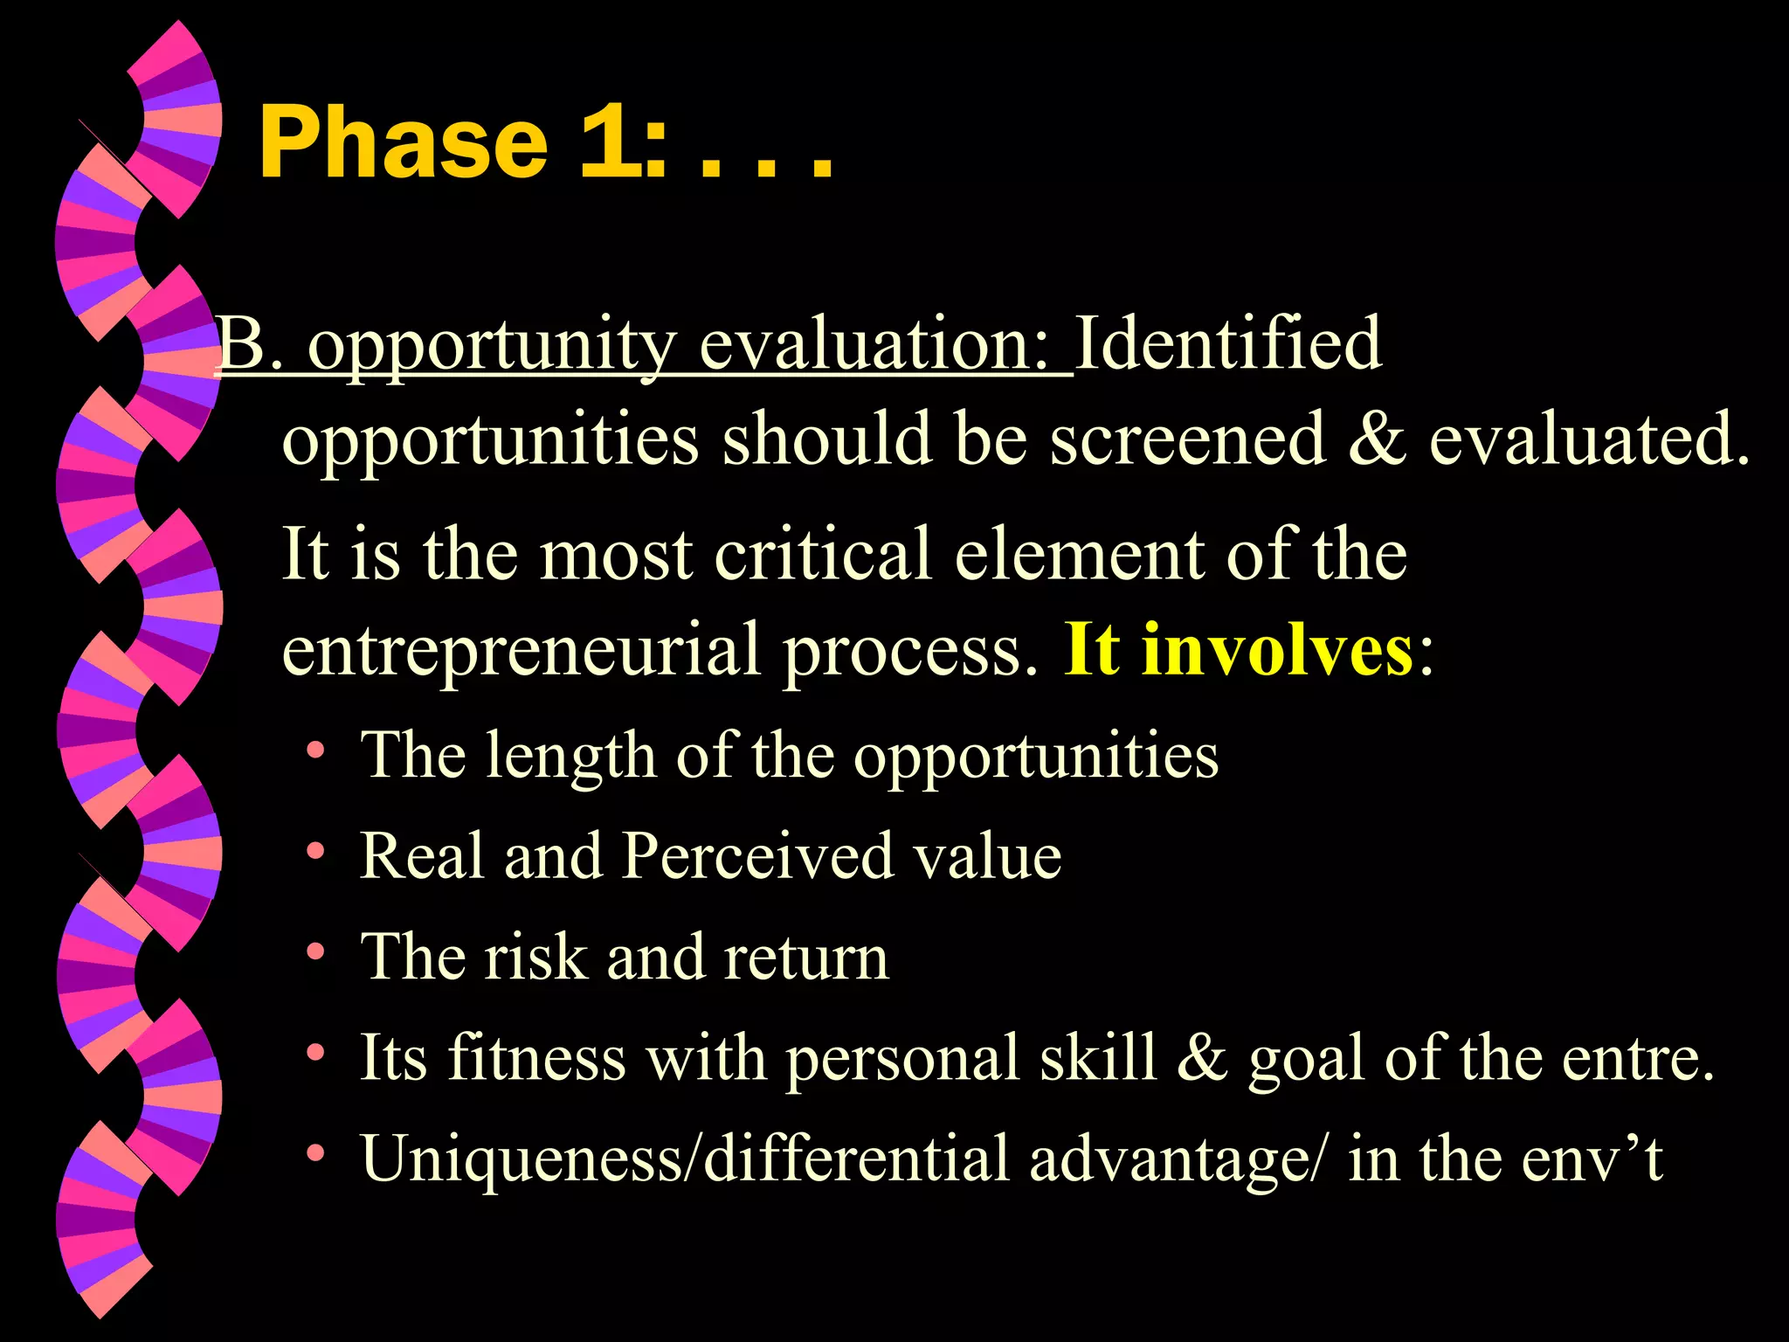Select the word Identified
pyautogui.click(x=1228, y=343)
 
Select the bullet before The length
pyautogui.click(x=316, y=750)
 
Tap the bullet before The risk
pyautogui.click(x=316, y=951)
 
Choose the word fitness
pyautogui.click(x=536, y=1057)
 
